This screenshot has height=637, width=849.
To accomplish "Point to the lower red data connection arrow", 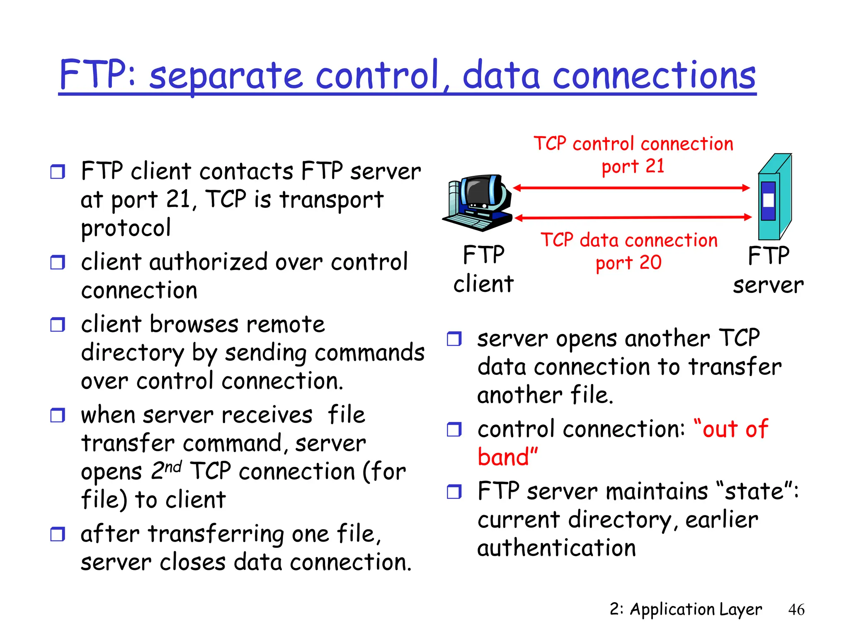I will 633,217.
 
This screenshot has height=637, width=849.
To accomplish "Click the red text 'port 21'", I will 633,167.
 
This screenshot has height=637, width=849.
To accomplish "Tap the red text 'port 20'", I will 628,263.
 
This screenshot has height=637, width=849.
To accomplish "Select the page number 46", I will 796,610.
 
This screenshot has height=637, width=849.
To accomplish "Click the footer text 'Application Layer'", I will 696,609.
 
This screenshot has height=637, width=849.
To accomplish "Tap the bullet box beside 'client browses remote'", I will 58,324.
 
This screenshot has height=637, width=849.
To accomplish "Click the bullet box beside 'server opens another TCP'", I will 454,339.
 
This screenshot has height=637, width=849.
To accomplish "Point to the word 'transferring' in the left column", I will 216,534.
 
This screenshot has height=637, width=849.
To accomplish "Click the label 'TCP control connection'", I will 633,144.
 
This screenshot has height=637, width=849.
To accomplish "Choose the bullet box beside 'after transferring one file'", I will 58,534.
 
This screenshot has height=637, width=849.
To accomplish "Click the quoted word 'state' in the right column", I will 754,491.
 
